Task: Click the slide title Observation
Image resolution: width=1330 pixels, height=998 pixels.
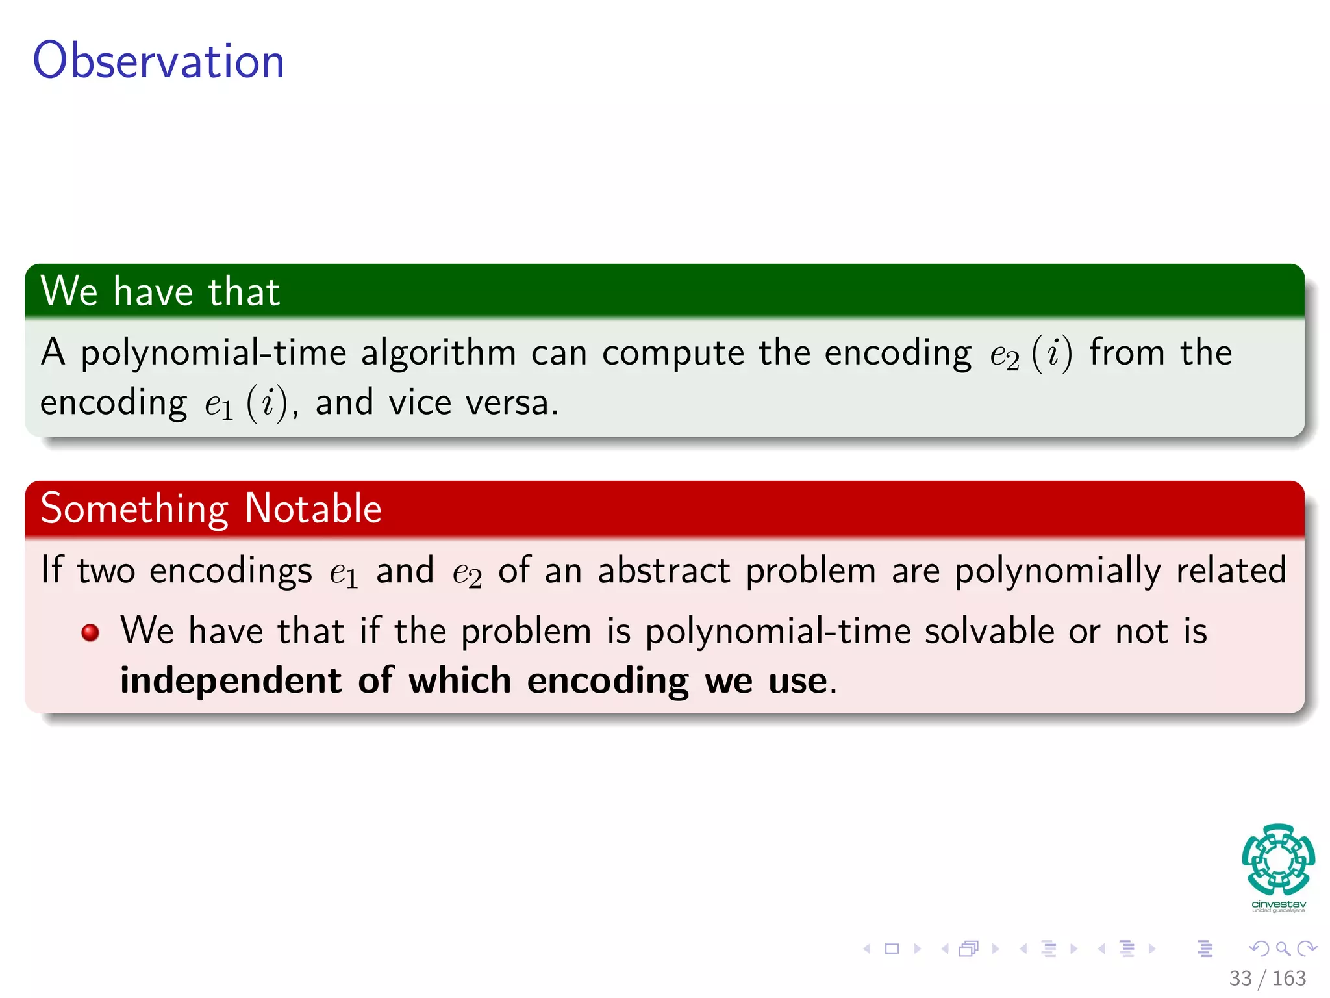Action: click(158, 60)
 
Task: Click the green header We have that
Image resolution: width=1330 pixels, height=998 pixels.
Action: click(160, 291)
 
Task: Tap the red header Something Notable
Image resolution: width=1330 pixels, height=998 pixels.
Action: click(210, 508)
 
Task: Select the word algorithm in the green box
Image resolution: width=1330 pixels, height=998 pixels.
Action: click(438, 353)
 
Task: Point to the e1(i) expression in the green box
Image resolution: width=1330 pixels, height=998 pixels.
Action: click(246, 403)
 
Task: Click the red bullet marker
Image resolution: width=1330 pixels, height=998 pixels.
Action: click(90, 632)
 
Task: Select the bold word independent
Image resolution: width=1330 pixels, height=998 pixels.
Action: click(231, 681)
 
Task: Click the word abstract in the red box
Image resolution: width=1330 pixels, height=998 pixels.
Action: click(664, 570)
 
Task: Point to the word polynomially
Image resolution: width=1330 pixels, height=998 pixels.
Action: click(1057, 572)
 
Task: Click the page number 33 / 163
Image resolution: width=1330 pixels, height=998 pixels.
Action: click(1267, 978)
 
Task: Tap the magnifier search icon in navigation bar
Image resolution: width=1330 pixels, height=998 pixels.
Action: click(1283, 949)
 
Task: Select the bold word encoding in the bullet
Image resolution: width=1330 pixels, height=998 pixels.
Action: click(607, 682)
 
